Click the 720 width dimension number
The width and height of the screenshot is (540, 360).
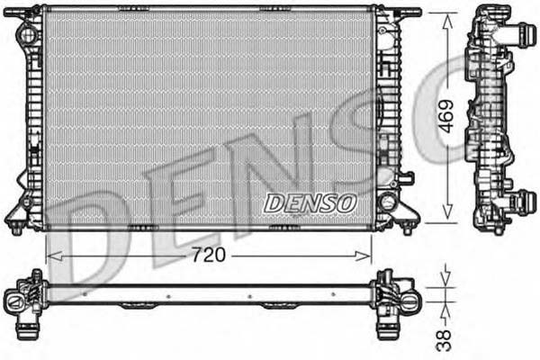pos(208,255)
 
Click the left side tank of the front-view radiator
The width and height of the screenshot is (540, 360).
pos(32,117)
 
